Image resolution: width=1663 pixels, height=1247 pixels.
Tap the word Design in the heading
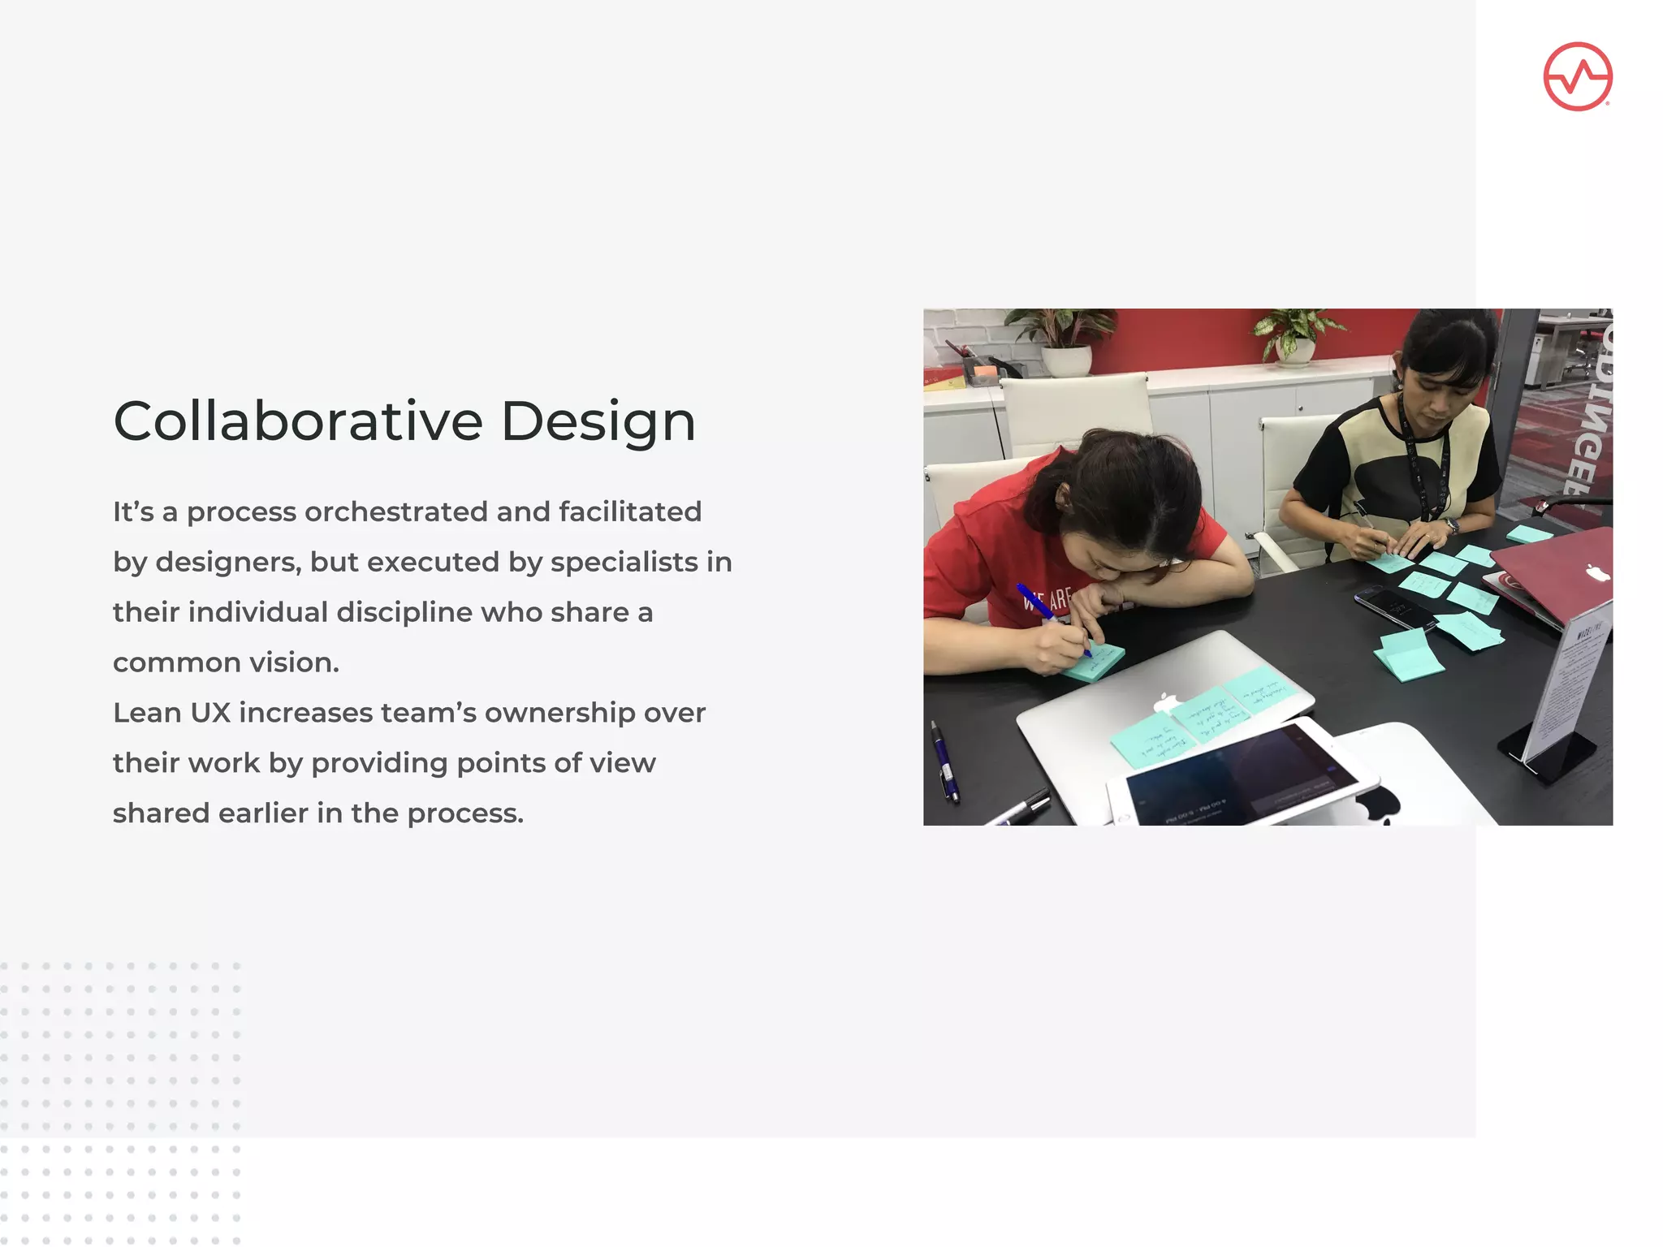[598, 422]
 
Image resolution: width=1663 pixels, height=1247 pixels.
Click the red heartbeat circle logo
[1577, 76]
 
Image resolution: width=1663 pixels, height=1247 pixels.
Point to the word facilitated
[630, 511]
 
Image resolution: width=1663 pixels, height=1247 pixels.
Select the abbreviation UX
[210, 713]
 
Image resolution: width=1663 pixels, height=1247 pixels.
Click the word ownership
[559, 713]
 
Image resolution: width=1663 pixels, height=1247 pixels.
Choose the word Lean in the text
[147, 713]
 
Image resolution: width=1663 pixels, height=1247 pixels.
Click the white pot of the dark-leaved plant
[1065, 360]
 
